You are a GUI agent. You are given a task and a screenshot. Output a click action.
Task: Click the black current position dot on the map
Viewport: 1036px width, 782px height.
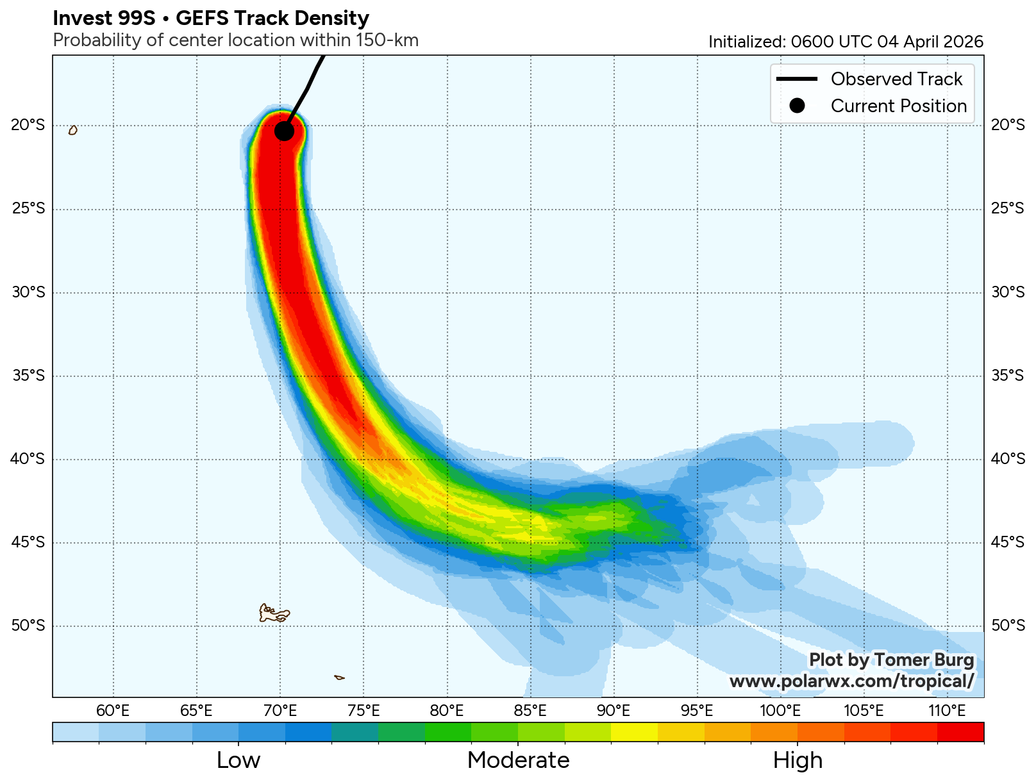pos(284,131)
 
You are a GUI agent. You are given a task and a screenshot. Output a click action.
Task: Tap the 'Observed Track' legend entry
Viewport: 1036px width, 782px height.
pos(896,79)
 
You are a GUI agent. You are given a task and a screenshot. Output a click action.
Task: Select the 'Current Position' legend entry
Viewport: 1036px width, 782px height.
pos(898,106)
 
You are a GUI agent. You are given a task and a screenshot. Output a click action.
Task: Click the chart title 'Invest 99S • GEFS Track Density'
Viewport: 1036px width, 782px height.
pos(211,18)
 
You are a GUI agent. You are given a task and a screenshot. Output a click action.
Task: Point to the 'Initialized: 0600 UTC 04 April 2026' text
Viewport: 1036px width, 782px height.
pos(846,42)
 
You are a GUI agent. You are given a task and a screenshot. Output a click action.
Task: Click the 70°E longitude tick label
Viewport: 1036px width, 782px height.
pos(280,710)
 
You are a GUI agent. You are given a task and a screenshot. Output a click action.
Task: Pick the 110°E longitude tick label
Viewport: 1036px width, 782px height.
pos(947,710)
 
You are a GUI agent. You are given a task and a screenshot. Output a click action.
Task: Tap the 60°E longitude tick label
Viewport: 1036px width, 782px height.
pos(113,710)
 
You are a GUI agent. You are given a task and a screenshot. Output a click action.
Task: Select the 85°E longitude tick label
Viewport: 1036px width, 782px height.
pos(530,710)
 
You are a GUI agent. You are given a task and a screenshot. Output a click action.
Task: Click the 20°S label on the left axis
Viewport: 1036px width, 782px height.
pos(28,125)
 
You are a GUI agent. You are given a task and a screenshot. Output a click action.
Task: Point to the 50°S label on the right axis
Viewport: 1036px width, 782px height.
pos(1008,626)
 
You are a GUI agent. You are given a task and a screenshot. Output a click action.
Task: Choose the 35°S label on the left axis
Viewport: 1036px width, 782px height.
pos(28,376)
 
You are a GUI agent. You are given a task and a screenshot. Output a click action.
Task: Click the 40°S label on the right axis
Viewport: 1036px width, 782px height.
pos(1008,459)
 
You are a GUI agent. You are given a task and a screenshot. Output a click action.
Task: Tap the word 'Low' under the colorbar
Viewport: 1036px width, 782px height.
pos(238,760)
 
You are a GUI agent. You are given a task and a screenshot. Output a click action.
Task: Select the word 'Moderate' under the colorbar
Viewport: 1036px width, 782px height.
pos(518,760)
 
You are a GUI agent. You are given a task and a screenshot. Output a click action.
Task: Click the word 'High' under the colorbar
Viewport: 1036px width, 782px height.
pos(798,760)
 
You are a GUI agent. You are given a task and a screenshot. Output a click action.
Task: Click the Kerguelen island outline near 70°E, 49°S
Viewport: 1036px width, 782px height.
pos(274,613)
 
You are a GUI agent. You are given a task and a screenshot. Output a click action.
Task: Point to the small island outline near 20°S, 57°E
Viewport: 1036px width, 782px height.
pos(73,130)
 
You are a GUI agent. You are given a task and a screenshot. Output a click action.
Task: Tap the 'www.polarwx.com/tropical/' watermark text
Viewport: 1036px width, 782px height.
pos(851,681)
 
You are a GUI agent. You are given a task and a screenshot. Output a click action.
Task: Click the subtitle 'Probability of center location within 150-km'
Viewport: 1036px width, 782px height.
pos(235,40)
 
